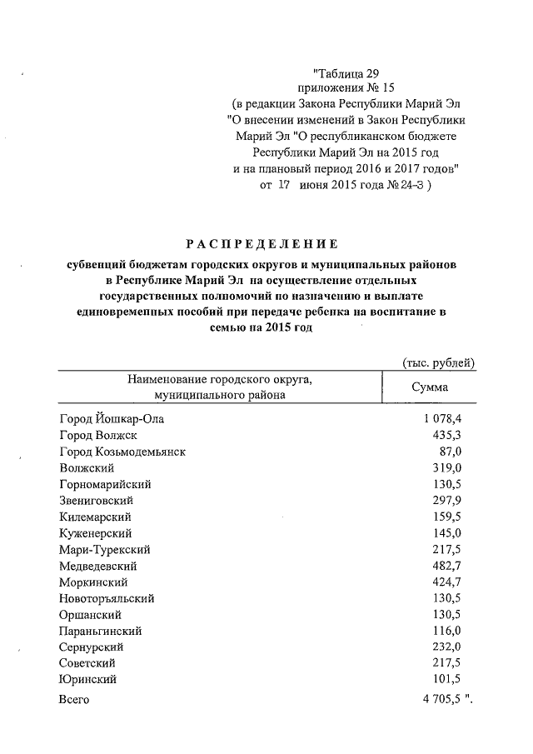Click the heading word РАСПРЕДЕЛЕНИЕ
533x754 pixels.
[x=262, y=244]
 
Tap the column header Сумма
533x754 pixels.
[x=430, y=387]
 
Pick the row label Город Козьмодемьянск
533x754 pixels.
[x=122, y=452]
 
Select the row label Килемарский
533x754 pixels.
[x=96, y=517]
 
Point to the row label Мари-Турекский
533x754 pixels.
[x=104, y=550]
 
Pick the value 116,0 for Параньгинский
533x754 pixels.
[x=447, y=631]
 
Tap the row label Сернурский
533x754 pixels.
[x=92, y=647]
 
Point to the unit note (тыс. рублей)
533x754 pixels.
[x=438, y=362]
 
